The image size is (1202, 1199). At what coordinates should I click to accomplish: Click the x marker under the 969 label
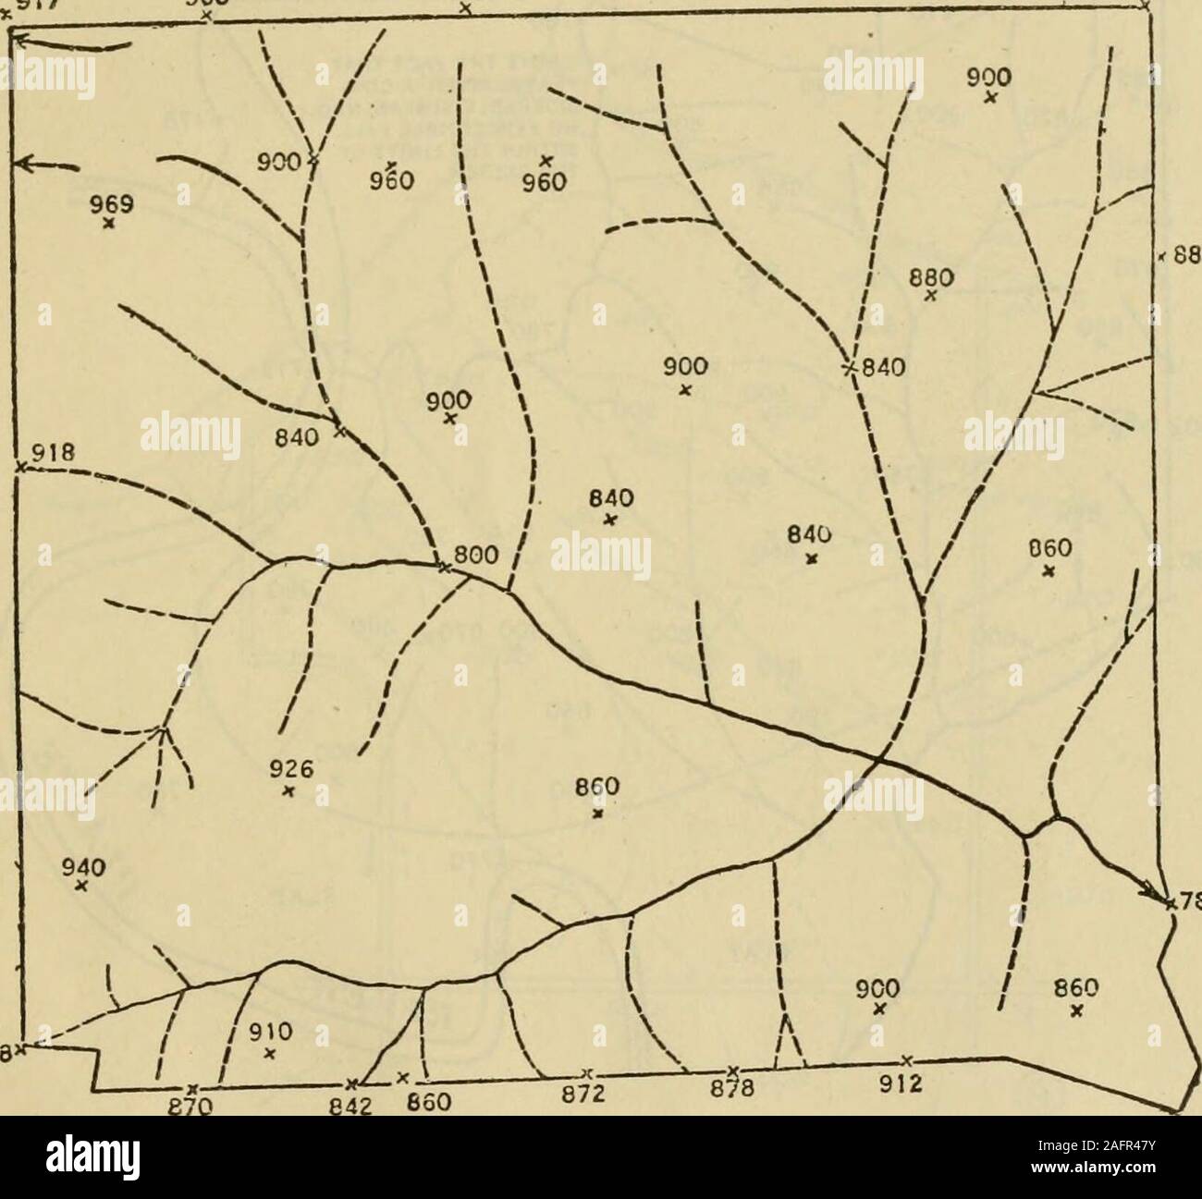(x=108, y=223)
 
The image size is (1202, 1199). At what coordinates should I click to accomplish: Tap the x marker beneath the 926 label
(x=288, y=790)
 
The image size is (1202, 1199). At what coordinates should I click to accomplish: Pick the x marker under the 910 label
(x=269, y=1053)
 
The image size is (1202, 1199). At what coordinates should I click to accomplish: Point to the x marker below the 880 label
(x=931, y=297)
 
